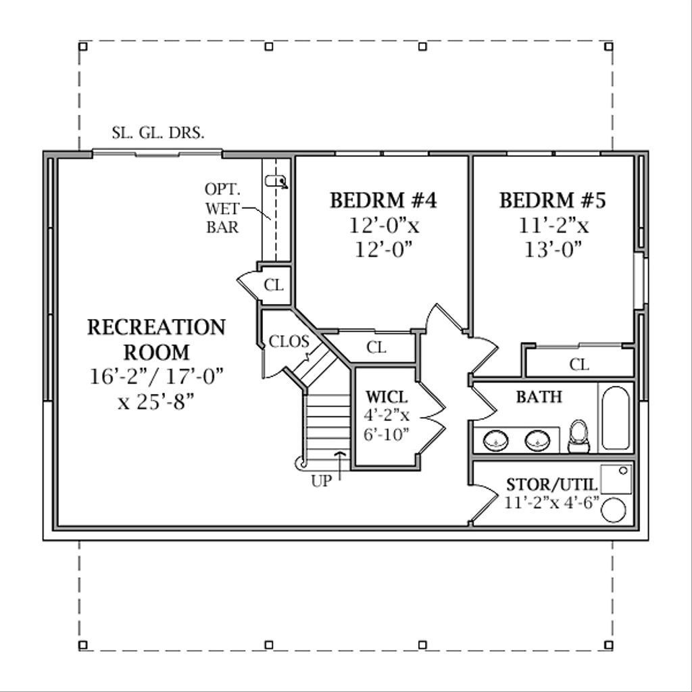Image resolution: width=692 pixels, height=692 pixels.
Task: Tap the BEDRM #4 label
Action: (383, 201)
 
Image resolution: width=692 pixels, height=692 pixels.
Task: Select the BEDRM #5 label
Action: (553, 201)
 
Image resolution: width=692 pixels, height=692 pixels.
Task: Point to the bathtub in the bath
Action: (615, 418)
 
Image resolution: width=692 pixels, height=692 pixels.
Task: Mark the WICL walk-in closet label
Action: (387, 396)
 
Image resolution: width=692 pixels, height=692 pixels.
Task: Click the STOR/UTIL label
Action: (551, 485)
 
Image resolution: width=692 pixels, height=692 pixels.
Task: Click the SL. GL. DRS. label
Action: (158, 133)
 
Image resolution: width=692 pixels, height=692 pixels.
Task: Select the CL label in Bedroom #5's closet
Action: (579, 365)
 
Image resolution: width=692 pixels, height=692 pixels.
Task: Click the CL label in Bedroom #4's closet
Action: (376, 348)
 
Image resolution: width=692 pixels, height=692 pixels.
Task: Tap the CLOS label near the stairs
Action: (289, 341)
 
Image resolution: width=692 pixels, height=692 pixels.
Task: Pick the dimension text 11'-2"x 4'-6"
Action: (551, 502)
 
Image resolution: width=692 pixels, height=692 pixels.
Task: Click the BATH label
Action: (539, 397)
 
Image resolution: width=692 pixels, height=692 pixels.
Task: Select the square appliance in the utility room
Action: (616, 478)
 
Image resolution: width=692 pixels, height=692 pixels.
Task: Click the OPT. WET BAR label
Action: (222, 208)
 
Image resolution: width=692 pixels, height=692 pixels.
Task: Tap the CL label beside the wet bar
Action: (274, 285)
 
